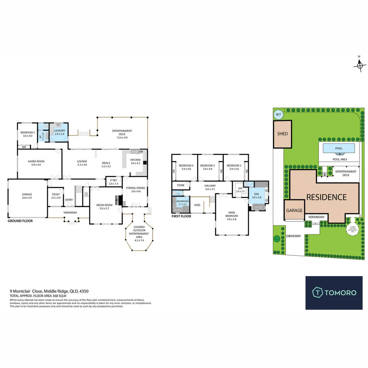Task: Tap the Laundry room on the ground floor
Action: tap(59, 132)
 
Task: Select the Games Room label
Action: tap(36, 163)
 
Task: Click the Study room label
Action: tap(56, 196)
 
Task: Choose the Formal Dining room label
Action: tap(136, 189)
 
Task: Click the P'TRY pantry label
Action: tap(113, 182)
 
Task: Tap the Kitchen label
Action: tap(135, 161)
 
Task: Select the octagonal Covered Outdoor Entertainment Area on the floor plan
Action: tap(139, 234)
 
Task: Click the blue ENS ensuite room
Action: tap(256, 195)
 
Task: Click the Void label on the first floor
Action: tap(197, 205)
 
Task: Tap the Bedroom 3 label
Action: tap(207, 167)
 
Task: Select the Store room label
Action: tap(180, 185)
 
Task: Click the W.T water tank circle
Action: tap(278, 114)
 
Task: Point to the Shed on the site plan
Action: tap(282, 134)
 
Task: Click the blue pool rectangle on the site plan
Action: tap(339, 149)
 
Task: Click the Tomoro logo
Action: tap(334, 292)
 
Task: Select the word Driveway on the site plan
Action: tap(293, 236)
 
